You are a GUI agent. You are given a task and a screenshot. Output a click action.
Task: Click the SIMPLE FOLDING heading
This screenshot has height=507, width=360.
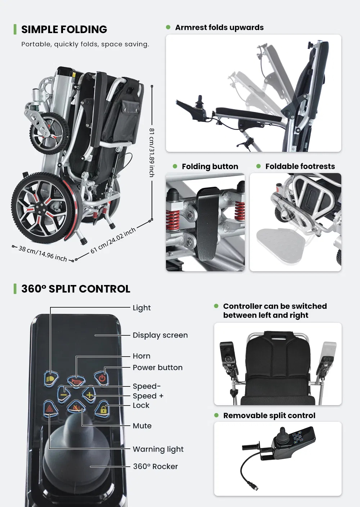[x=64, y=30]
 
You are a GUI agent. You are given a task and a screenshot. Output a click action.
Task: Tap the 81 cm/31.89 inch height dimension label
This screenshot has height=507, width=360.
[x=152, y=152]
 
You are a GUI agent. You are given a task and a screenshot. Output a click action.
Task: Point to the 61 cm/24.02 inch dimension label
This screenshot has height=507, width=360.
[x=113, y=240]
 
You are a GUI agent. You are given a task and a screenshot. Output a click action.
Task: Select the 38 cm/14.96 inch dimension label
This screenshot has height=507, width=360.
[x=43, y=254]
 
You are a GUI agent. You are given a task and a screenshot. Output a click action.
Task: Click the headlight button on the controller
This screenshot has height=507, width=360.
[x=51, y=379]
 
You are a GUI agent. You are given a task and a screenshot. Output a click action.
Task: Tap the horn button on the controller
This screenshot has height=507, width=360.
[x=76, y=381]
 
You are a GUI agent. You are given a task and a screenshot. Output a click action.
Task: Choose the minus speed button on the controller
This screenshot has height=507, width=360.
[x=64, y=395]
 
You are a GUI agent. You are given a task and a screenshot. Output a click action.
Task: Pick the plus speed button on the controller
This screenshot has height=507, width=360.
[x=89, y=395]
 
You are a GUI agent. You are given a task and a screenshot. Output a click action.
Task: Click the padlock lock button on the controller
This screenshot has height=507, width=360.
[x=103, y=409]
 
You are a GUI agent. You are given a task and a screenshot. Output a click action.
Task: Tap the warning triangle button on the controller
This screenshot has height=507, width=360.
[x=50, y=409]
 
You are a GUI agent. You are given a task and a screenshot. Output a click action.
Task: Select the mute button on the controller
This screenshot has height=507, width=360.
[x=76, y=408]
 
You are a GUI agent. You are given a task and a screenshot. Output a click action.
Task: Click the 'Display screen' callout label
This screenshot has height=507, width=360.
[x=160, y=335]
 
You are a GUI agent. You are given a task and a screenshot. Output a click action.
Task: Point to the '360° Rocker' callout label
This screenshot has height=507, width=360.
[x=156, y=467]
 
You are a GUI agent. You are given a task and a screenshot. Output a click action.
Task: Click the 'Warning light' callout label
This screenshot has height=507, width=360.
[x=158, y=449]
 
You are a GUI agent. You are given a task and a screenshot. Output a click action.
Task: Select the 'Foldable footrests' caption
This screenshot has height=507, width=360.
[x=300, y=166]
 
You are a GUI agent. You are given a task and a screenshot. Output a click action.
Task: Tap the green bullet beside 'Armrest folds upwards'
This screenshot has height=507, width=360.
[x=168, y=27]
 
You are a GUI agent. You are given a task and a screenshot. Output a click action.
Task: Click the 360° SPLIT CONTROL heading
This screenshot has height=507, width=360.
[x=76, y=289]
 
